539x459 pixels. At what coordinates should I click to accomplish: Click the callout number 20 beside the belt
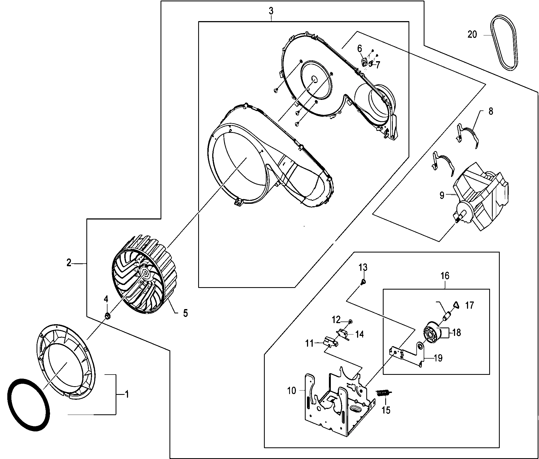[x=472, y=35]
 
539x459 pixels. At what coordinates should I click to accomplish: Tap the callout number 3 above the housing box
[x=271, y=11]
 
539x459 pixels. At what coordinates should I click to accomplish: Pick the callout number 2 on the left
[x=69, y=263]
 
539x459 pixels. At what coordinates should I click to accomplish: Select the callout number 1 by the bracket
[x=126, y=394]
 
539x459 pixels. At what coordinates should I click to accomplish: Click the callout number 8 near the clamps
[x=491, y=111]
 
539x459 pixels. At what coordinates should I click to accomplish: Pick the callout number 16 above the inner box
[x=445, y=276]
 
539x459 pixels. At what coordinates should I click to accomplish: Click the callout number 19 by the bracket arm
[x=438, y=358]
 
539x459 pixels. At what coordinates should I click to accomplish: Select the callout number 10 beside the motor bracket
[x=292, y=391]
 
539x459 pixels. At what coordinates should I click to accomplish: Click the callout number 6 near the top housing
[x=360, y=49]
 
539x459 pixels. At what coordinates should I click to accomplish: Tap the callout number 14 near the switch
[x=360, y=335]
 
